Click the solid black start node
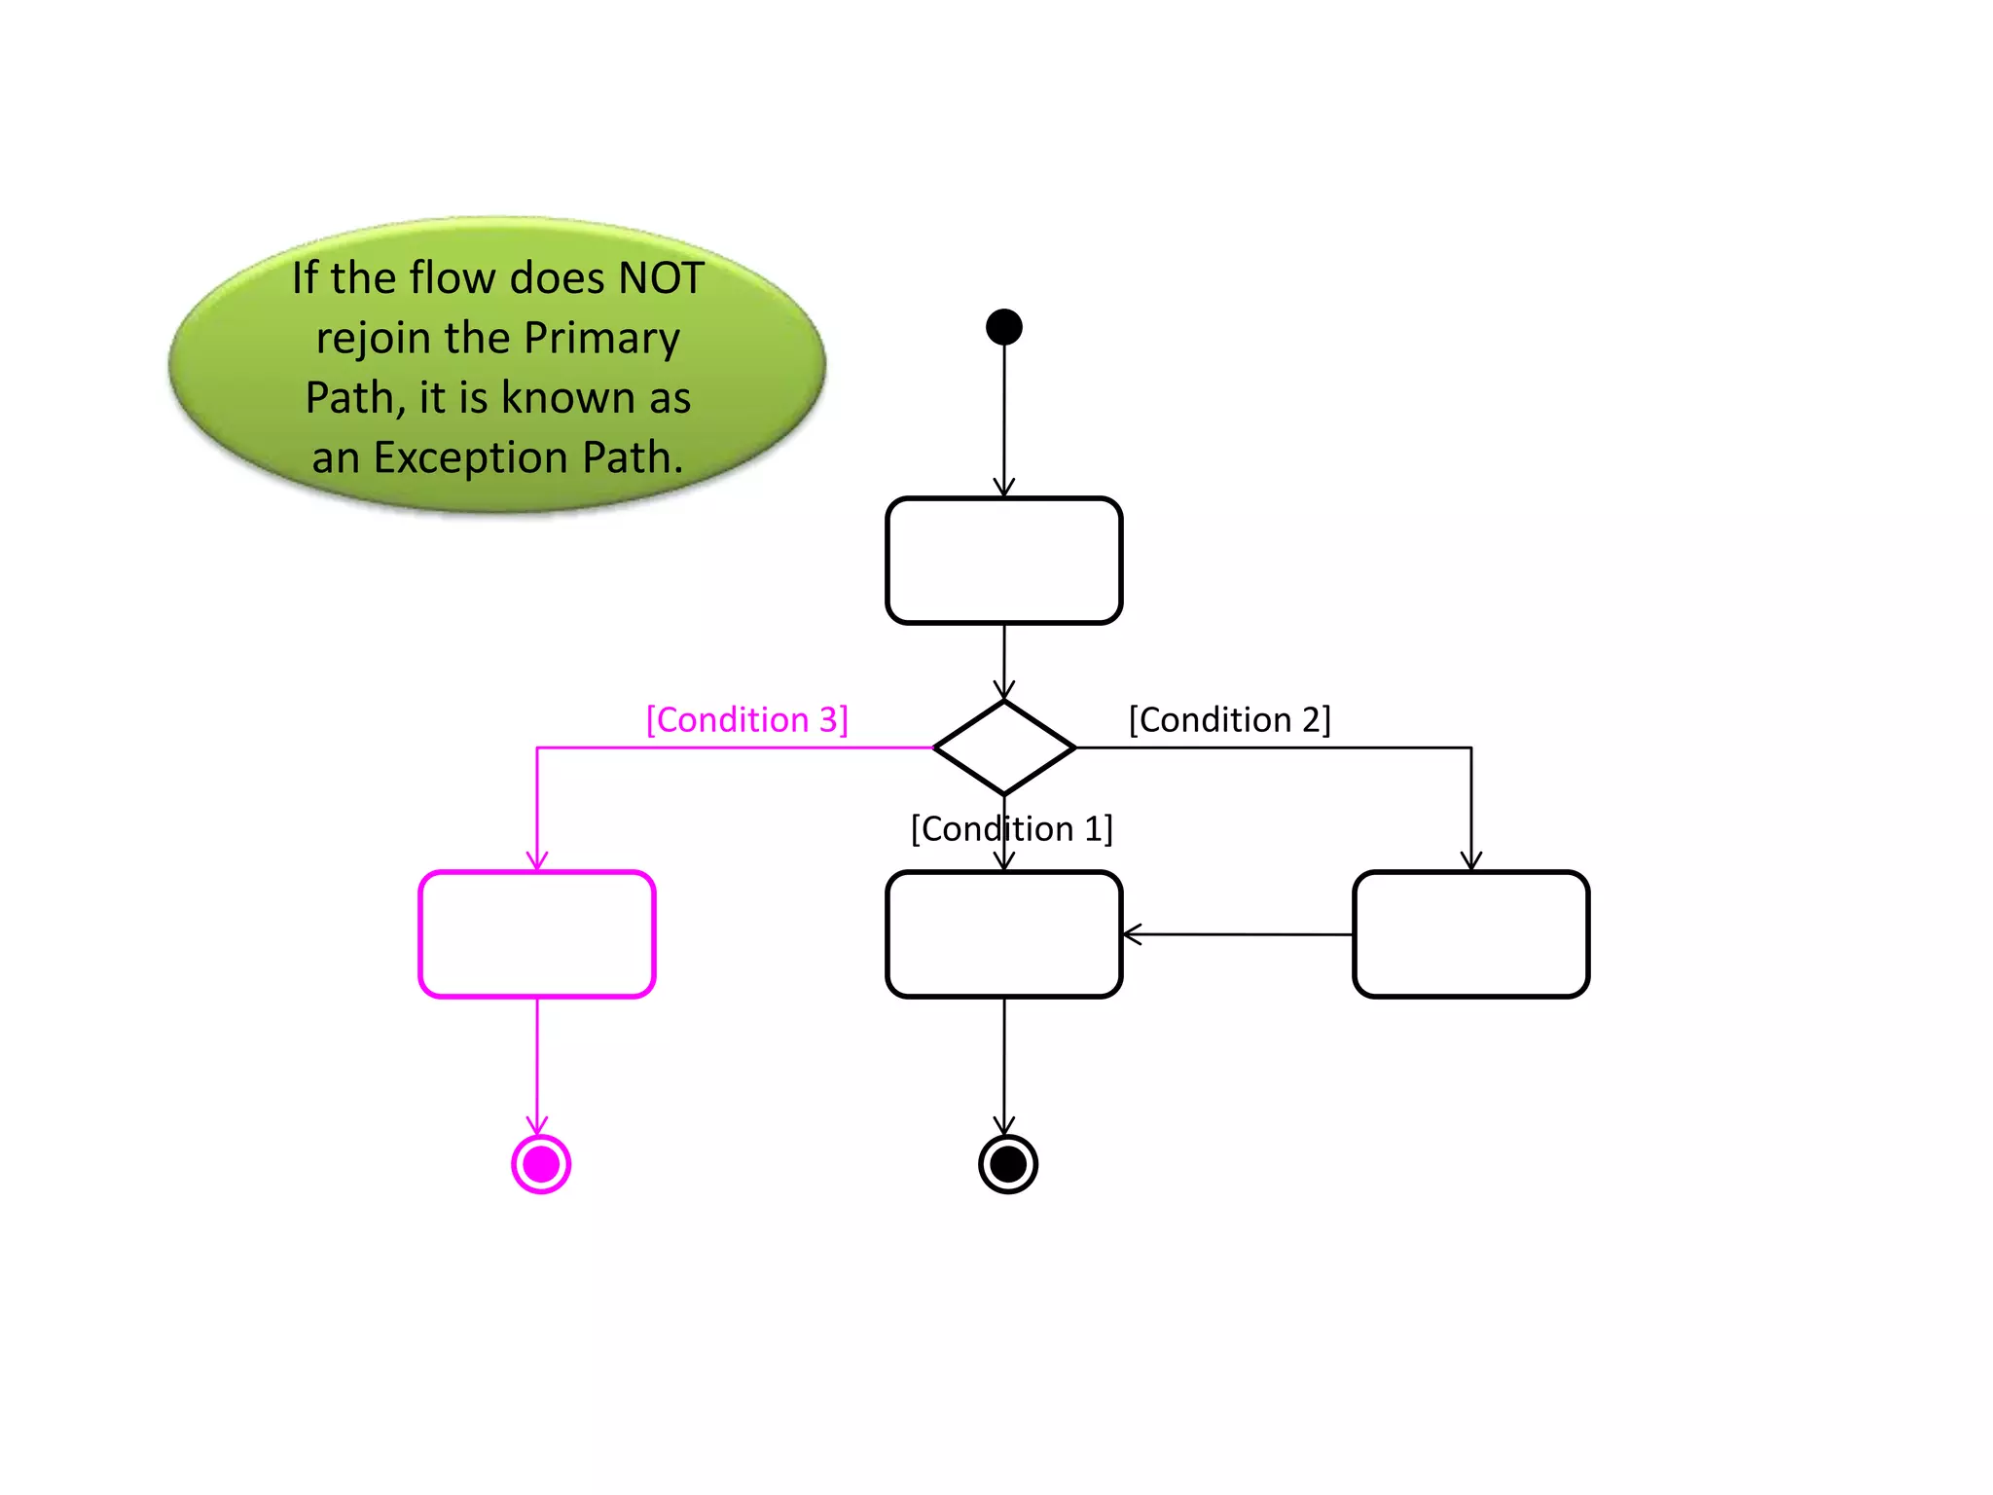(x=1003, y=327)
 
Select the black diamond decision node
(x=1003, y=747)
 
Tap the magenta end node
(x=541, y=1163)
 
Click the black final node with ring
(x=1008, y=1163)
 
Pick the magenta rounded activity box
(x=537, y=934)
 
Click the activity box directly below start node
(x=1003, y=561)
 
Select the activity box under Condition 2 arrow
(x=1470, y=934)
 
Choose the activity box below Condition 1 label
(x=1003, y=934)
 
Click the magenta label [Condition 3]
(x=747, y=720)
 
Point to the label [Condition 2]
(x=1229, y=720)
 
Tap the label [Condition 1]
(x=1011, y=829)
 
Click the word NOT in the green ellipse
(x=661, y=278)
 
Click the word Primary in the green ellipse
(x=601, y=338)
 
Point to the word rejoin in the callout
(x=374, y=338)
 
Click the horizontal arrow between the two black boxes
(x=1237, y=934)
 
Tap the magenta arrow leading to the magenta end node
(x=537, y=1065)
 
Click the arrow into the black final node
(x=1004, y=1065)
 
